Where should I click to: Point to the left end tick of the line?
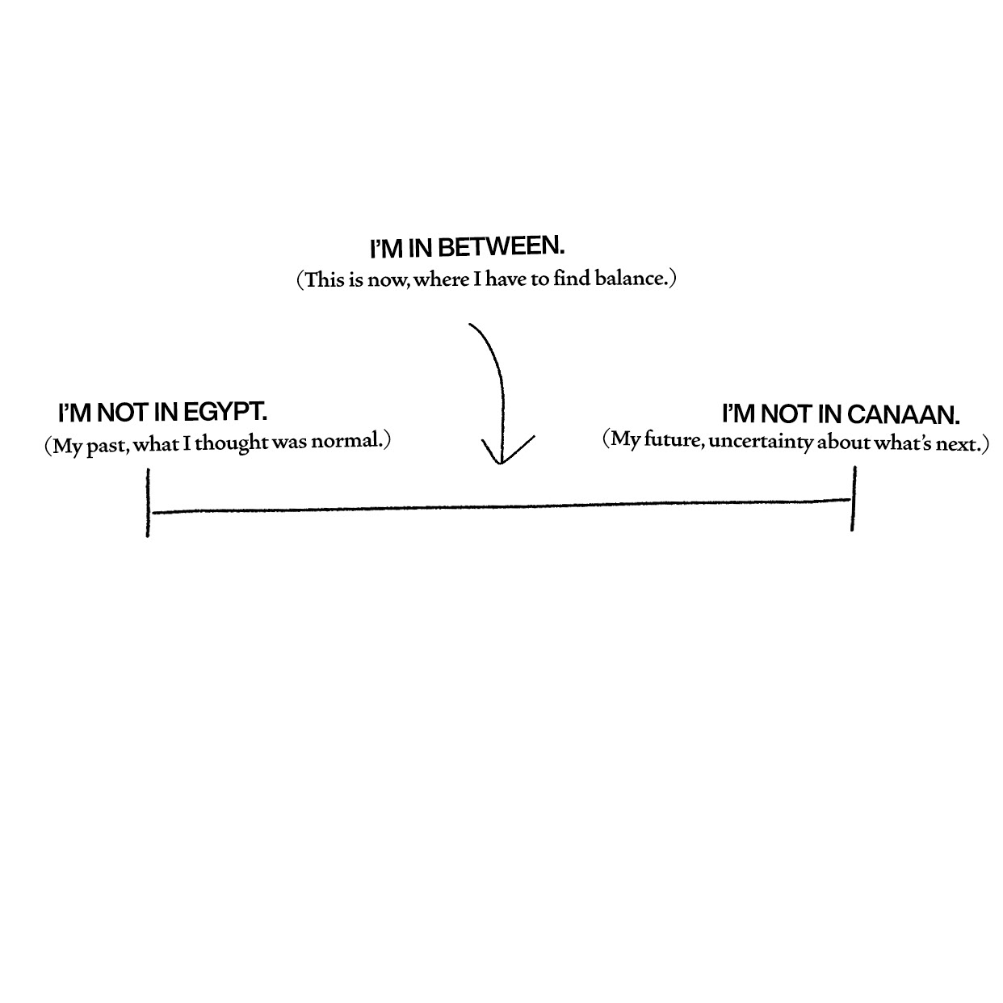pyautogui.click(x=149, y=503)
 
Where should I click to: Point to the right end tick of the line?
pyautogui.click(x=853, y=499)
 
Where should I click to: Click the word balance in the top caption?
pyautogui.click(x=631, y=280)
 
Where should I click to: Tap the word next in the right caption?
pyautogui.click(x=958, y=444)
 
